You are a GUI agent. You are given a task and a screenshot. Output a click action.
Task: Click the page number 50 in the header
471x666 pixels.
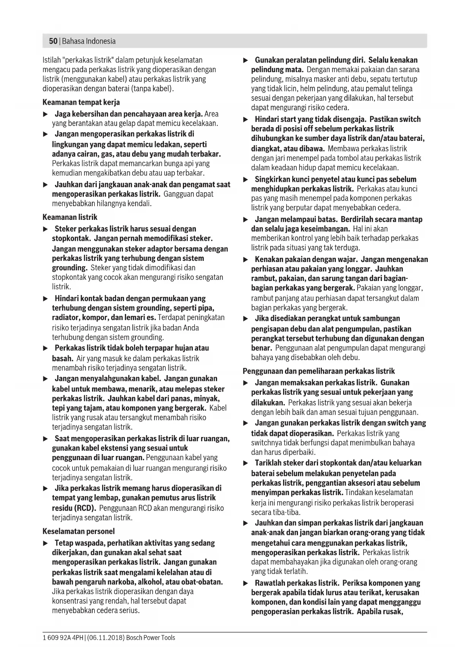pyautogui.click(x=53, y=41)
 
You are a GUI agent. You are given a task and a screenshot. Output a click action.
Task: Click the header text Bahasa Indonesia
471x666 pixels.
pyautogui.click(x=89, y=41)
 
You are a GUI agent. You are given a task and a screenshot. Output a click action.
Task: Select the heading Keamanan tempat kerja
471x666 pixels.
pyautogui.click(x=81, y=102)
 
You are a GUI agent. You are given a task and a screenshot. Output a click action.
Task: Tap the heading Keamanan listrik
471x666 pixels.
pyautogui.click(x=70, y=217)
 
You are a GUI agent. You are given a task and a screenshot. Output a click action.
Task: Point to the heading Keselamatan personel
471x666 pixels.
pyautogui.click(x=79, y=531)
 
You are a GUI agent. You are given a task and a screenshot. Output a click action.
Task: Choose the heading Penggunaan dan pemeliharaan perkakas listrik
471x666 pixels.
pyautogui.click(x=319, y=371)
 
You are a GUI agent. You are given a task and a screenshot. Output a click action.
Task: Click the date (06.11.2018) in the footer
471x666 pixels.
pyautogui.click(x=106, y=638)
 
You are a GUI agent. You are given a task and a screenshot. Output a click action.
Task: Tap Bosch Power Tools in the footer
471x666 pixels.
pyautogui.click(x=151, y=638)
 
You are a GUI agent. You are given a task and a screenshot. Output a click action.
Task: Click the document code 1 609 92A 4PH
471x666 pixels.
pyautogui.click(x=63, y=638)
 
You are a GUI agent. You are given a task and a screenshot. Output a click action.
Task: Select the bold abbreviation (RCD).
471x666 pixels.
pyautogui.click(x=85, y=508)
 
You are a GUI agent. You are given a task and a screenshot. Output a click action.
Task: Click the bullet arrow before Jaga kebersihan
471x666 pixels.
pyautogui.click(x=46, y=114)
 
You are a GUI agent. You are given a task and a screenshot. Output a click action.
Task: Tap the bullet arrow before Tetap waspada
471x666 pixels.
pyautogui.click(x=46, y=543)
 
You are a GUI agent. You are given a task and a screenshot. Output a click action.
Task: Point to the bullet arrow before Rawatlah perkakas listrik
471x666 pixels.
pyautogui.click(x=246, y=583)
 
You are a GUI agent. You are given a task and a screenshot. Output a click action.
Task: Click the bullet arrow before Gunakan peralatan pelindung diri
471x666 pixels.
pyautogui.click(x=246, y=60)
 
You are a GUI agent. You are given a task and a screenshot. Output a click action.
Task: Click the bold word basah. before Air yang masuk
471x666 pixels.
pyautogui.click(x=63, y=358)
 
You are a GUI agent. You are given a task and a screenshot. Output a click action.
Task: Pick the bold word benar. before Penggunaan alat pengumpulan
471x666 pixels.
pyautogui.click(x=261, y=348)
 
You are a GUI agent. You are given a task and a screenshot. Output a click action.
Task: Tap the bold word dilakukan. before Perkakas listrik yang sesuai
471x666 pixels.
pyautogui.click(x=268, y=402)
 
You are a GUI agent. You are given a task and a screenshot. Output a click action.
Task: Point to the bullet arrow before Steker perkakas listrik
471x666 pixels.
pyautogui.click(x=46, y=229)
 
